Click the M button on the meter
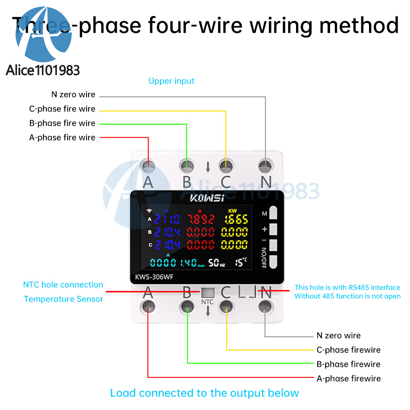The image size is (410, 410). (x=273, y=213)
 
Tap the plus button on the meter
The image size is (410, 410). (x=273, y=229)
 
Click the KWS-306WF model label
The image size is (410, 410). (x=155, y=277)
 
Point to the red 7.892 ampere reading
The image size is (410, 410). (x=200, y=219)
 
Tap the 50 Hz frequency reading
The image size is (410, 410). (x=216, y=263)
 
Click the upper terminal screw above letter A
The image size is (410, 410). (x=148, y=166)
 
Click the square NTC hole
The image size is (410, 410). (x=207, y=292)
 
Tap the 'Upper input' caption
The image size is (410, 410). (x=171, y=81)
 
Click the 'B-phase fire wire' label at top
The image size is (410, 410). (x=62, y=123)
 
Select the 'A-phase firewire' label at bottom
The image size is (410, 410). (x=348, y=378)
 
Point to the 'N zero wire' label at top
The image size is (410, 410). (x=73, y=94)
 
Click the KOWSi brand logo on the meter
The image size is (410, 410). (x=207, y=198)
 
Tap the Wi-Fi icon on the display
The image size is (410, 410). (x=150, y=212)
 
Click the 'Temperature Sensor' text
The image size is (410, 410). (x=64, y=299)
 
